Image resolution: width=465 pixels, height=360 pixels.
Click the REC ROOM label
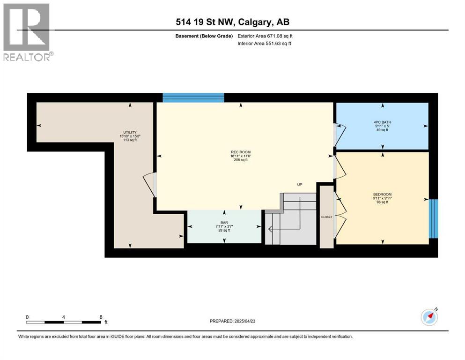pos(242,152)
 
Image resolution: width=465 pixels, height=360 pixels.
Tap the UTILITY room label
pos(130,132)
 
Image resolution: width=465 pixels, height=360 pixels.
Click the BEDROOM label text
pos(382,195)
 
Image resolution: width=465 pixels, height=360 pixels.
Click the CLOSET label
pos(326,217)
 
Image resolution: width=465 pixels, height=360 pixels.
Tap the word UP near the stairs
pos(300,185)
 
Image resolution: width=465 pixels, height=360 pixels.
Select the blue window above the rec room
pos(193,97)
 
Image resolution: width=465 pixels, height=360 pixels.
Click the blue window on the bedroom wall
pos(434,218)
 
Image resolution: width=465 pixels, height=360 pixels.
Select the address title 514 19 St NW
pos(232,22)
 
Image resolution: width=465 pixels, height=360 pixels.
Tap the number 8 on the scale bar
pos(101,316)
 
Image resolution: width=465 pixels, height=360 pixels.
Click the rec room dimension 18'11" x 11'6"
pos(242,157)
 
